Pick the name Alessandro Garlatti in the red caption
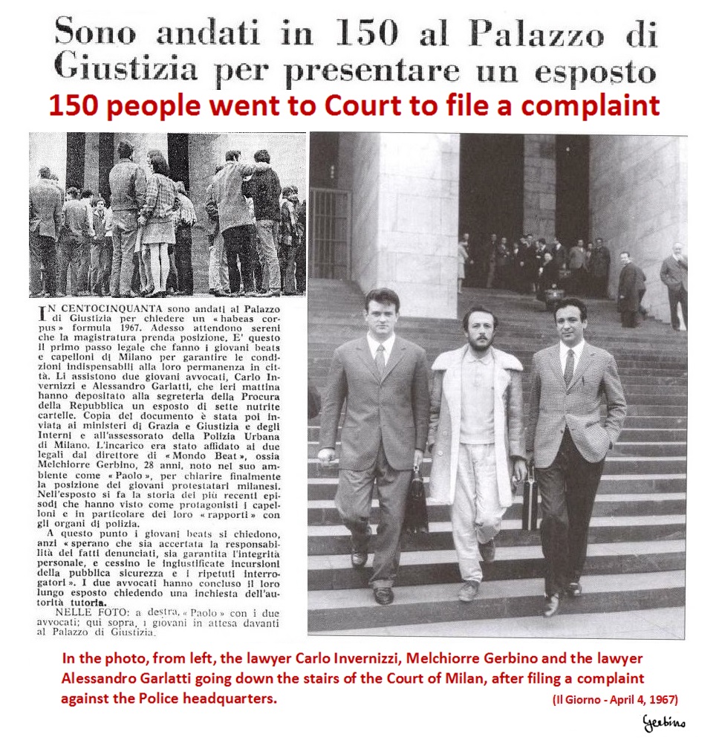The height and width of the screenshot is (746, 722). (143, 678)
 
